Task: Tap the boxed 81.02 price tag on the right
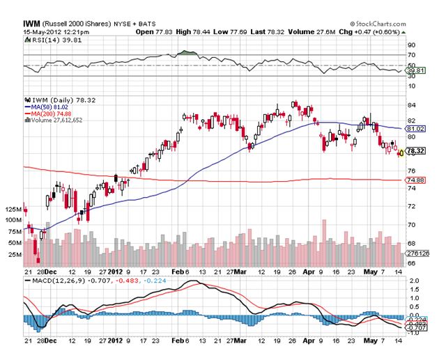click(x=415, y=129)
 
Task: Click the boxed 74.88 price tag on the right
click(x=415, y=181)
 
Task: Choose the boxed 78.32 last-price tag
click(x=416, y=150)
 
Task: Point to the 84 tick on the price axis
click(x=411, y=104)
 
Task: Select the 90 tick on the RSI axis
click(x=411, y=45)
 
